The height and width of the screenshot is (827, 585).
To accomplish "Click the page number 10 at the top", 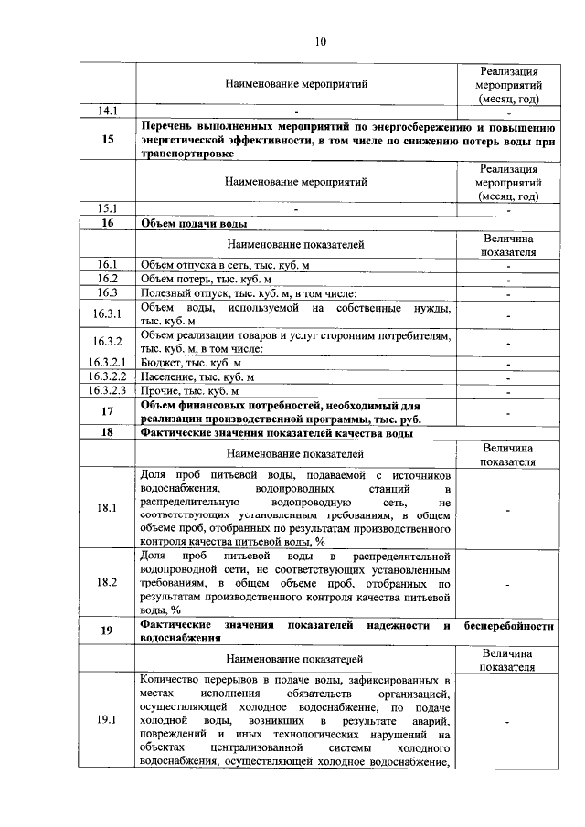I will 319,41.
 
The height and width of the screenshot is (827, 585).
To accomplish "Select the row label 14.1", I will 107,111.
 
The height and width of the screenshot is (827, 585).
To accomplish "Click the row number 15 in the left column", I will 107,140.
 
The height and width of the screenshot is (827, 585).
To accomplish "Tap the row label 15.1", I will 107,207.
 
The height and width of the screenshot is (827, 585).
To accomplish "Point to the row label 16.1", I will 107,265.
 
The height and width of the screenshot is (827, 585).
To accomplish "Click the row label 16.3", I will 107,292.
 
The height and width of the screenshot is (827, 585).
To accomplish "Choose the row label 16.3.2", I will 107,342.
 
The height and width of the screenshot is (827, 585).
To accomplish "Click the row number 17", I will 107,411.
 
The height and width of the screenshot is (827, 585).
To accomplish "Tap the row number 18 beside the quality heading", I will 107,433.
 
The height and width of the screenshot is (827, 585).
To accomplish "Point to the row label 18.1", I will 107,508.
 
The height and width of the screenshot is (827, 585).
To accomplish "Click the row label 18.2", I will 107,581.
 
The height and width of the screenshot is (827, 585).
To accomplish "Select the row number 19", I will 107,631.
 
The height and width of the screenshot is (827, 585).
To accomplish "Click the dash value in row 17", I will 508,412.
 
